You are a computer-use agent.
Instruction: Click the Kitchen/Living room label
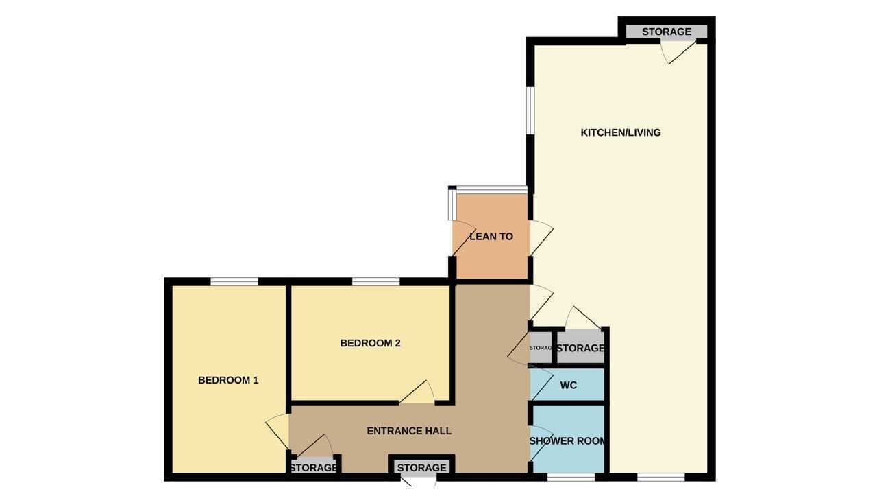coord(621,132)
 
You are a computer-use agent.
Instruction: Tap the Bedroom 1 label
coord(228,380)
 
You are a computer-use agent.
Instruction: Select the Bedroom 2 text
coord(371,343)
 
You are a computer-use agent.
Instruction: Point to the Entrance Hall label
coord(409,431)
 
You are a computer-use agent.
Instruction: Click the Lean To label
coord(491,237)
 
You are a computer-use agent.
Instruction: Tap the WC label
coord(568,385)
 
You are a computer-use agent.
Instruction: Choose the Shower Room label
coord(567,441)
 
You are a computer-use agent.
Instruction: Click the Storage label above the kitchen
coord(667,32)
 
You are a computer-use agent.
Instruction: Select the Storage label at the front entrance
coord(421,468)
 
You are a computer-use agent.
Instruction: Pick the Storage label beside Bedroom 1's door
coord(313,468)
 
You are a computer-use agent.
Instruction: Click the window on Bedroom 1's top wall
coord(234,281)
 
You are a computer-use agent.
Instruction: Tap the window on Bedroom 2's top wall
coord(376,281)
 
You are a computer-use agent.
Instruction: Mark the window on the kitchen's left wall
coord(530,110)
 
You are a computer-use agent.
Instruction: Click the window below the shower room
coord(571,477)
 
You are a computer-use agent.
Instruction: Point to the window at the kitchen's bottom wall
coord(661,477)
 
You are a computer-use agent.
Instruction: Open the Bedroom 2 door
coord(417,392)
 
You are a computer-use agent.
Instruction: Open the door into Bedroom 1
coord(277,432)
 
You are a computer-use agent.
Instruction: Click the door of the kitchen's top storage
coord(678,52)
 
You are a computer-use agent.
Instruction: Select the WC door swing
coord(541,385)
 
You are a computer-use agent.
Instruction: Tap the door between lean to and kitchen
coord(541,238)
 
